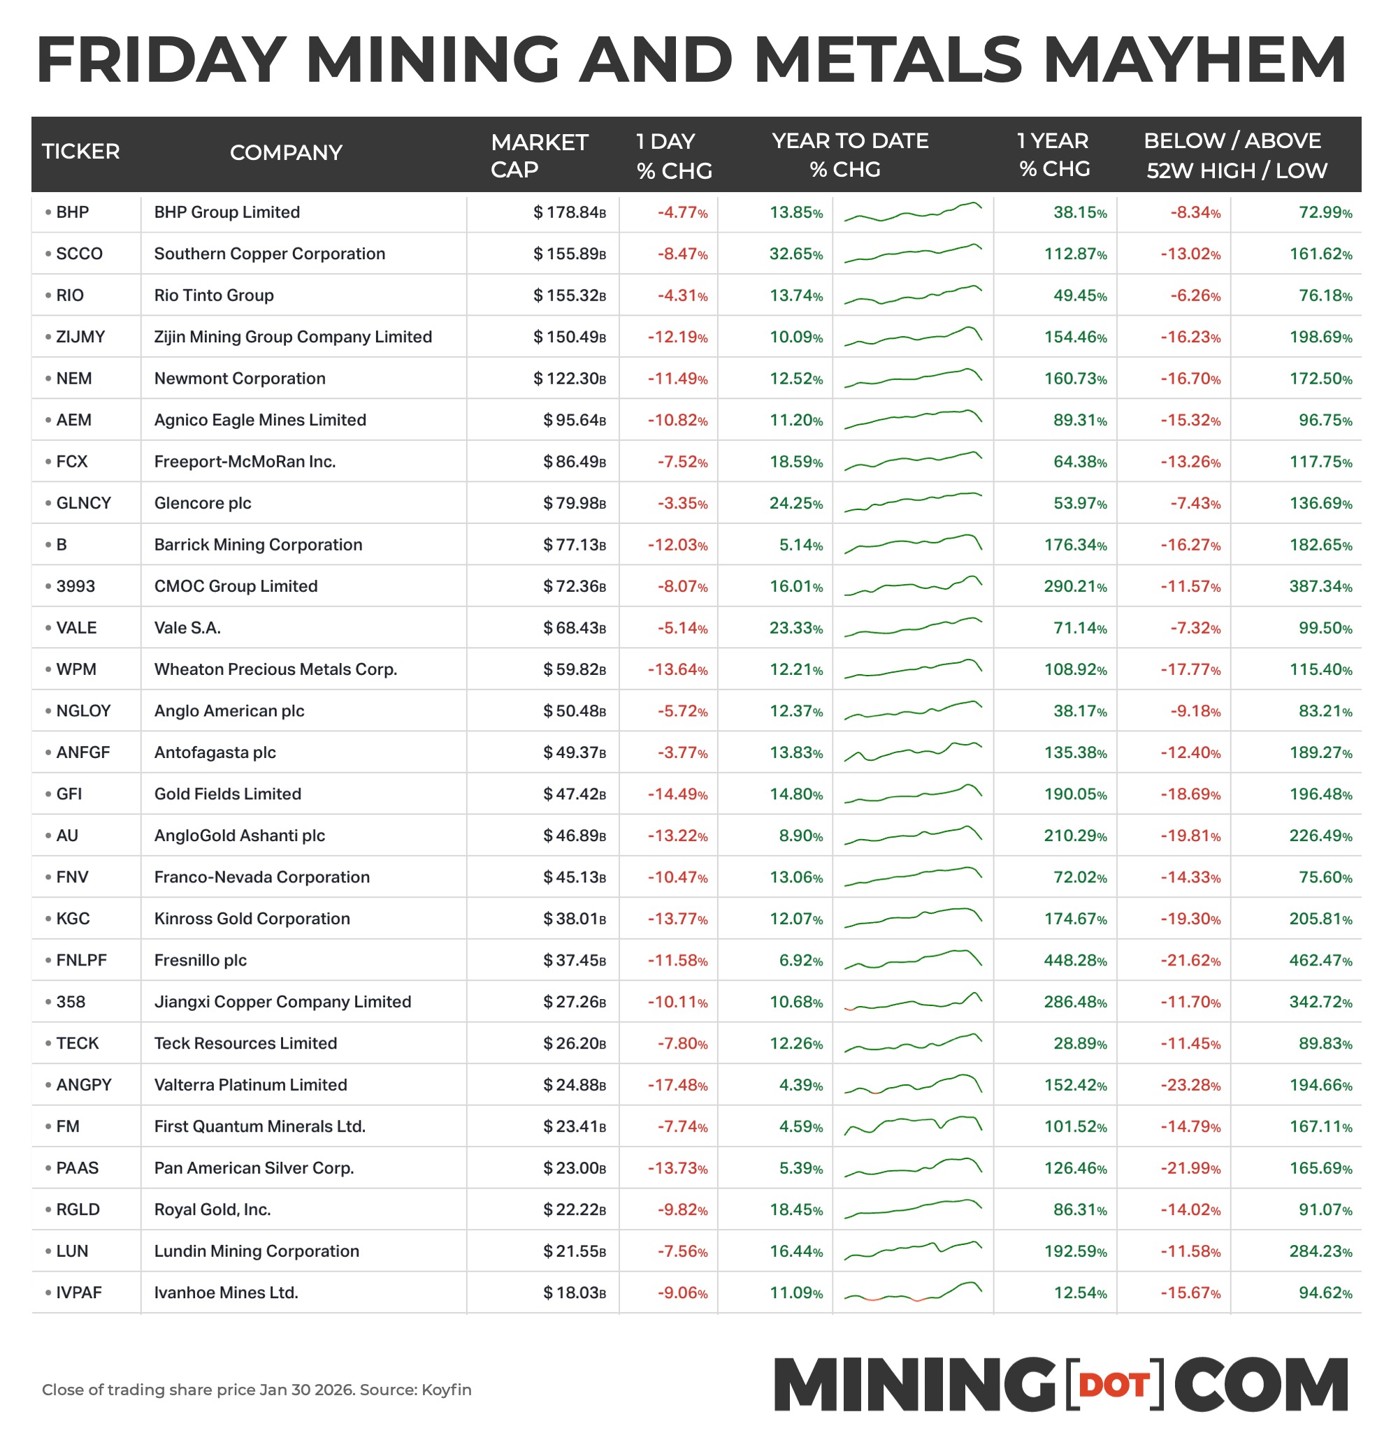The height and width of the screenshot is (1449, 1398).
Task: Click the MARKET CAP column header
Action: (x=538, y=155)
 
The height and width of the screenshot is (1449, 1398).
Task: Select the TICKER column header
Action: (x=80, y=152)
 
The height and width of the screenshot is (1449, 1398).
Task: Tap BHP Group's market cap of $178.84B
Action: (x=569, y=213)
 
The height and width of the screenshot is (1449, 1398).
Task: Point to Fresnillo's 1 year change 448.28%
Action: (x=1075, y=961)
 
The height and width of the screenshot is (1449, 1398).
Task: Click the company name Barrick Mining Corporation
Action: (x=258, y=545)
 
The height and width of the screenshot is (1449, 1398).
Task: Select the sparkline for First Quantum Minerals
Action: (x=913, y=1126)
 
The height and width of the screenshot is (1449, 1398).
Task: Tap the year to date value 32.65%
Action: (x=796, y=254)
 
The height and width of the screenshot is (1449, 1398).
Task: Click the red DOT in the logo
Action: (x=1114, y=1385)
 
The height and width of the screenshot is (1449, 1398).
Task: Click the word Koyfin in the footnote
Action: (x=446, y=1390)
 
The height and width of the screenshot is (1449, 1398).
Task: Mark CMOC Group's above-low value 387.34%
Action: (x=1320, y=586)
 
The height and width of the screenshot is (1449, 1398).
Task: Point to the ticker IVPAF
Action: (x=78, y=1293)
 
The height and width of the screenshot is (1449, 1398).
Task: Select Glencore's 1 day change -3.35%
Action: (x=682, y=504)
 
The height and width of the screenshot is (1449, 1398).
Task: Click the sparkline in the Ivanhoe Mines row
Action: (x=913, y=1293)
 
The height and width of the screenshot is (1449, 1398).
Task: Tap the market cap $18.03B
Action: (x=574, y=1293)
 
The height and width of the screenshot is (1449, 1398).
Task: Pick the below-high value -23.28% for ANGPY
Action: (x=1190, y=1085)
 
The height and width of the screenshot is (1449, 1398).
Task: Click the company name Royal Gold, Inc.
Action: (x=212, y=1210)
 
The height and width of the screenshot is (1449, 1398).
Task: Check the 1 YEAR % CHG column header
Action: (x=1053, y=155)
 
